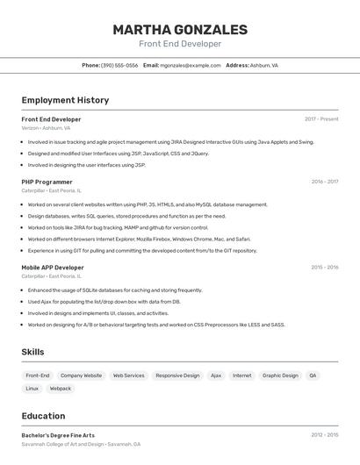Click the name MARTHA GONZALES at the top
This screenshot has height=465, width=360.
tap(180, 30)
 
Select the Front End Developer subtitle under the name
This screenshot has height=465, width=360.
tap(180, 44)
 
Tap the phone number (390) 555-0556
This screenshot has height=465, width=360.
tap(119, 65)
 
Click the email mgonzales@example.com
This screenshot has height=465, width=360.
tap(191, 65)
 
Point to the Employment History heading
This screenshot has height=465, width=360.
tap(65, 100)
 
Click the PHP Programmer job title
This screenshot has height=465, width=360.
tap(47, 182)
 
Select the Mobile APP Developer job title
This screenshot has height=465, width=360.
tap(53, 268)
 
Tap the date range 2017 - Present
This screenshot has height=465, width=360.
tap(321, 119)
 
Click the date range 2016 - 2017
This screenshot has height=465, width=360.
tap(324, 182)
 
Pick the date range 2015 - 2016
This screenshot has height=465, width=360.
tap(324, 268)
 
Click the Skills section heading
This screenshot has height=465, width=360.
tap(33, 352)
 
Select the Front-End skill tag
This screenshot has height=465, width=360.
tap(38, 376)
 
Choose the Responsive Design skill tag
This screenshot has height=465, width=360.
tap(177, 376)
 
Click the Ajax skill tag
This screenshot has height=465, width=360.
tap(216, 376)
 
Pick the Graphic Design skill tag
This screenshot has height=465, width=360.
tap(280, 376)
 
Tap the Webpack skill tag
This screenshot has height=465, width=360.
tap(61, 388)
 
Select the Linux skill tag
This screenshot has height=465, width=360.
tap(32, 388)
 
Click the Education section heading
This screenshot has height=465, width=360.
tap(43, 416)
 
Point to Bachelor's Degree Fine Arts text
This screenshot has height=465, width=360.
tap(58, 435)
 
